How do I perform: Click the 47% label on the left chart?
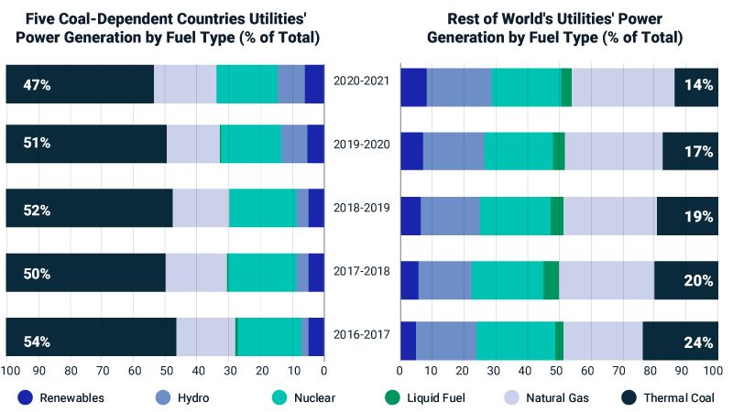(x=38, y=85)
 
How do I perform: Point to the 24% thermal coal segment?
(x=680, y=341)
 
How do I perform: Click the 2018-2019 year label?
(x=362, y=208)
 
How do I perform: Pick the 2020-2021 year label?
(x=362, y=80)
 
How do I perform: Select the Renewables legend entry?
(x=61, y=397)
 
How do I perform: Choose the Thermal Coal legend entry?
(x=668, y=397)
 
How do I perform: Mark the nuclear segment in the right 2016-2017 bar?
(x=515, y=341)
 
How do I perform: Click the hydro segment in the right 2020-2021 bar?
(x=459, y=87)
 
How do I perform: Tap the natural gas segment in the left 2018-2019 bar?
(x=200, y=208)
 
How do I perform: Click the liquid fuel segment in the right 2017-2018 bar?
(x=552, y=279)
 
